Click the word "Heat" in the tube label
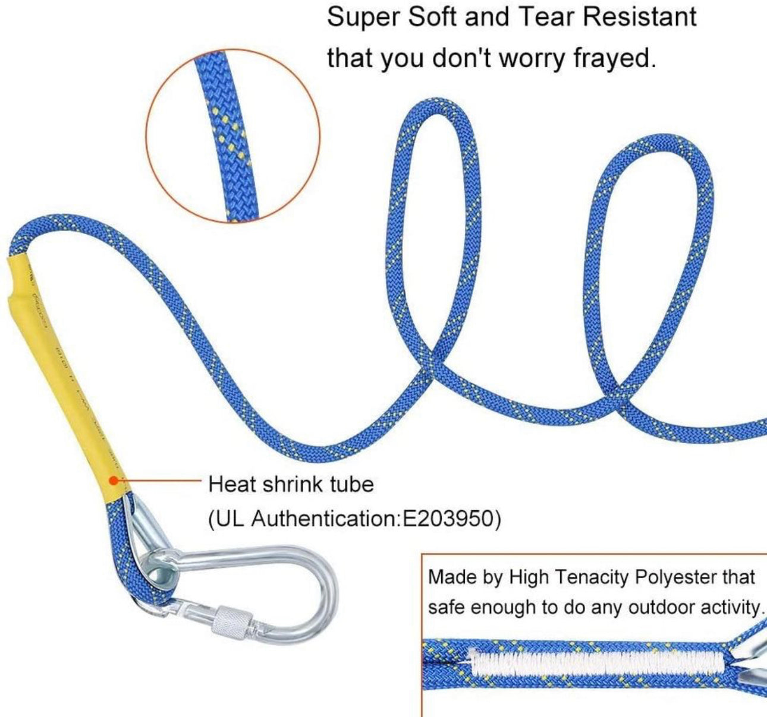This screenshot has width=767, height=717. pos(233,484)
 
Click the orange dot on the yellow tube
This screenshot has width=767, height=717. pos(113,481)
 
